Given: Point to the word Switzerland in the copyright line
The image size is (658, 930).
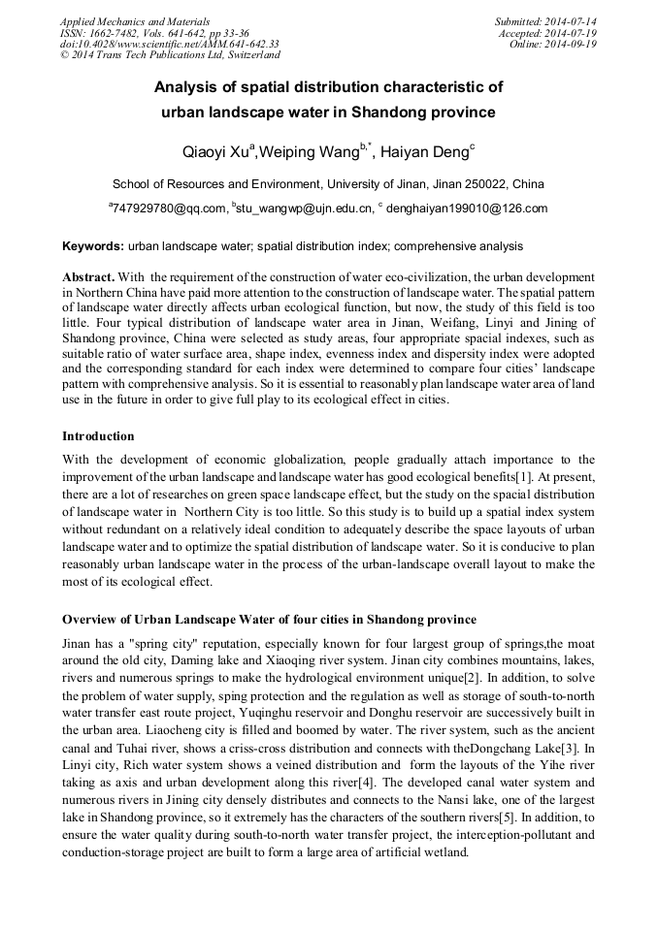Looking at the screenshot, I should click(251, 56).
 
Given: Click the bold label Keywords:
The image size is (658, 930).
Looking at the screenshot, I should click(93, 246).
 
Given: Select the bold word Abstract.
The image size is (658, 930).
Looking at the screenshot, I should click(88, 276).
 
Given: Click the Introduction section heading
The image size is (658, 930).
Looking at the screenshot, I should click(98, 436).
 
